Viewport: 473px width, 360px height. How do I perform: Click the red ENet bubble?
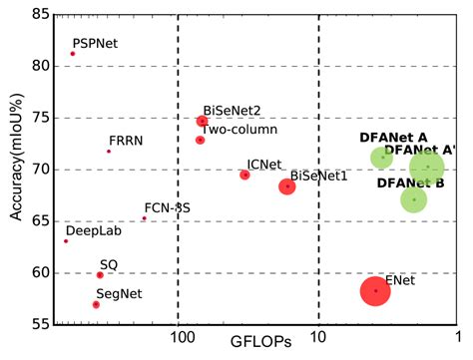click(375, 290)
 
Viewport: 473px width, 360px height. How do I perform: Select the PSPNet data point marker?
click(73, 54)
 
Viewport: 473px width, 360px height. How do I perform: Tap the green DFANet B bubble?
click(413, 199)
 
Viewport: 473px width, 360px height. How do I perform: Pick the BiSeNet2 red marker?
click(203, 121)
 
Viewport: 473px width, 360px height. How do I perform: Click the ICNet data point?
click(244, 175)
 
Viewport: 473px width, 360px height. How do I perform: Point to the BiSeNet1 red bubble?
click(287, 186)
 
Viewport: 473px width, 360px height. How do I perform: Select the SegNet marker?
click(96, 304)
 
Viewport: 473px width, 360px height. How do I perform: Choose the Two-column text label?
click(239, 129)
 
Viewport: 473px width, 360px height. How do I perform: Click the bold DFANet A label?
click(393, 137)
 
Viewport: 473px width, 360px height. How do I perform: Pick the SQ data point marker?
click(100, 274)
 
